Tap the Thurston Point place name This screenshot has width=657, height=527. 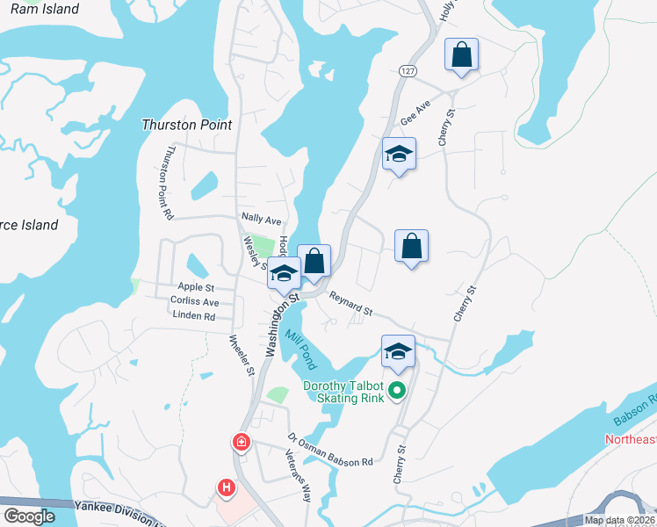[x=187, y=125]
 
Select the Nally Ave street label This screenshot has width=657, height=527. [x=261, y=219]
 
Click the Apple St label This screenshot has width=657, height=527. [x=196, y=287]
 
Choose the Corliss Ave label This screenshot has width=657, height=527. [x=194, y=301]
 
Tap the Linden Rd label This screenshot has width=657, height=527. [x=194, y=315]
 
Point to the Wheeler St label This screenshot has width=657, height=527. [x=241, y=355]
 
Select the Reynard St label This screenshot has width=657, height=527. [x=350, y=305]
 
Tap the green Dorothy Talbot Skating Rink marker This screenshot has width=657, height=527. [x=397, y=392]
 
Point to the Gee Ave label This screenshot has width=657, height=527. [x=415, y=112]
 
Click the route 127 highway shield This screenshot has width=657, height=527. [x=405, y=69]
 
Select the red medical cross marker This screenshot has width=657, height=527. [x=240, y=442]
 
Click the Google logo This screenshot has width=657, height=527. [x=28, y=516]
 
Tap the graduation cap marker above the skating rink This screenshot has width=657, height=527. [x=398, y=351]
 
